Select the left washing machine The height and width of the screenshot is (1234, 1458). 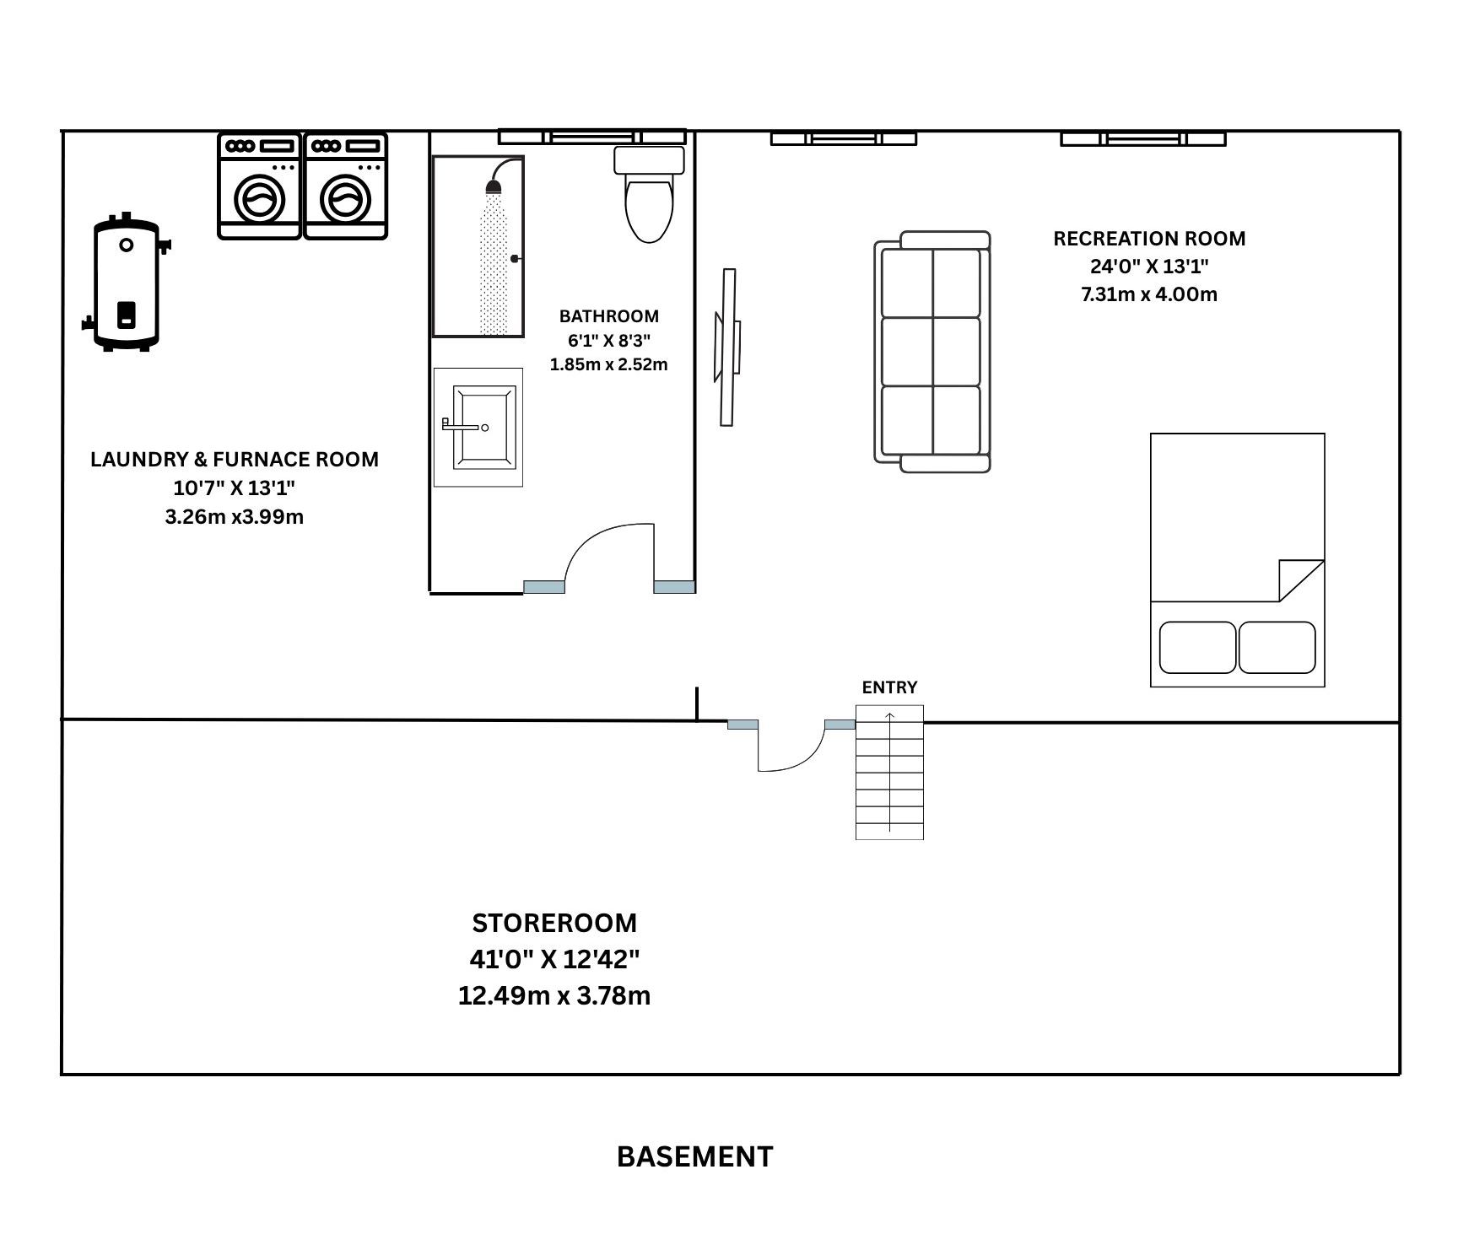click(260, 186)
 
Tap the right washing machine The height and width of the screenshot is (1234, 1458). click(346, 186)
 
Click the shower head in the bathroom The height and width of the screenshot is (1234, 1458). click(494, 185)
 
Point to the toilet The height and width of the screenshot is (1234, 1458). click(649, 194)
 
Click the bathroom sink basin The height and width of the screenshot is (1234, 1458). click(483, 427)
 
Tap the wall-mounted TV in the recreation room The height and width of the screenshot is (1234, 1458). click(728, 348)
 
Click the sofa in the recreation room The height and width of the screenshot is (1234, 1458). click(932, 352)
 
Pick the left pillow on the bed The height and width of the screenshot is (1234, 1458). click(1198, 648)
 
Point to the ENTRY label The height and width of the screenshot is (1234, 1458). click(889, 687)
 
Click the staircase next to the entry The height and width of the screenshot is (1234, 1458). click(889, 773)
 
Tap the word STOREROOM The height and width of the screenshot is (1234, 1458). click(554, 923)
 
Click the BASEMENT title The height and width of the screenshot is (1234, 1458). click(694, 1156)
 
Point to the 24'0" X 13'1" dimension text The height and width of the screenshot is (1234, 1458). click(1149, 267)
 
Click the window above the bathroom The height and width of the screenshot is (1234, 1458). click(591, 137)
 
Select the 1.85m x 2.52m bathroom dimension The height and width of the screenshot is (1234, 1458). click(608, 364)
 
